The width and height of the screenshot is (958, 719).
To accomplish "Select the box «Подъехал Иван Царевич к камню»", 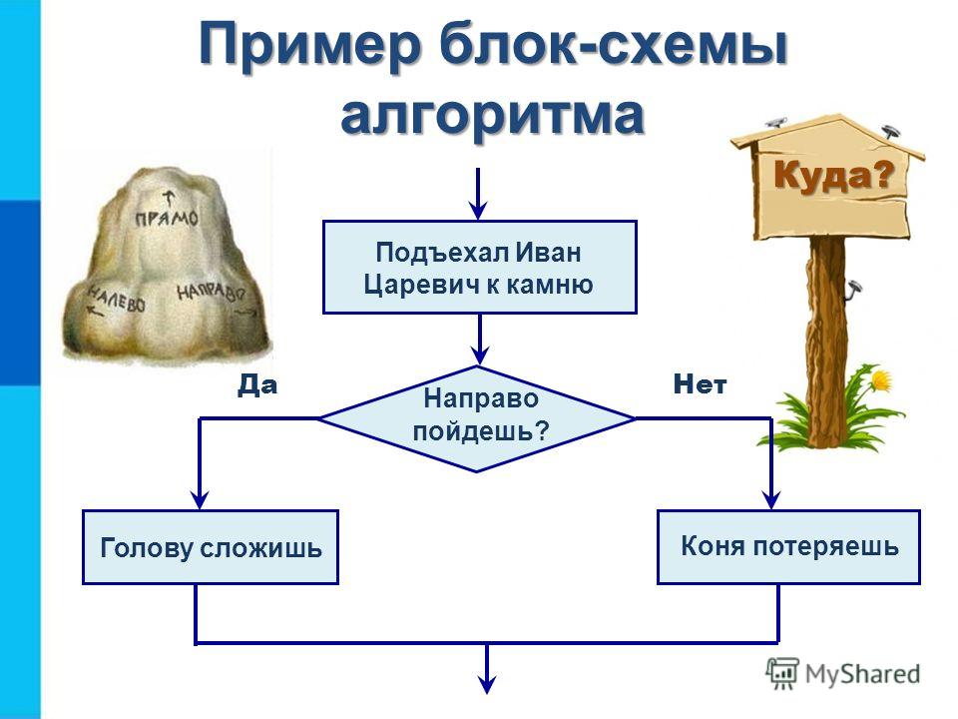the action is pos(480,268).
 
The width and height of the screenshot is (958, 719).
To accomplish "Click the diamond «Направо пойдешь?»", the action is pos(477,418).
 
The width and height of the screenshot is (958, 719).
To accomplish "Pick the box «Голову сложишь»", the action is pos(211,547).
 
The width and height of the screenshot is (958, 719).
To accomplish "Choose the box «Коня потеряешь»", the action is pos(788,546).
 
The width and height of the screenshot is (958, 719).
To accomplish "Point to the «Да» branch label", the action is pos(257,385).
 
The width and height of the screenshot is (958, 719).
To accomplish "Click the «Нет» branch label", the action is pos(700,384).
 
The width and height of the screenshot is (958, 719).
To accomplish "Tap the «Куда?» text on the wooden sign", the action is pos(834,176).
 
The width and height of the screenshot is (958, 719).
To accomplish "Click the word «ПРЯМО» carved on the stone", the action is pos(167,218).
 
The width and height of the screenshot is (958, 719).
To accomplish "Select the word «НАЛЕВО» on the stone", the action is pos(116,298).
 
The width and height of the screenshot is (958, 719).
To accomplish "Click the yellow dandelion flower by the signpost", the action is pos(881,379).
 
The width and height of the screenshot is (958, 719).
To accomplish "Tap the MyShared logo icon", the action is pos(782,673).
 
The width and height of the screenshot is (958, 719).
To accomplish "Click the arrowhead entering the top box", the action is pos(478,212).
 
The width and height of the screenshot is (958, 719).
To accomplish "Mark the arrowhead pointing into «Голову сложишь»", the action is pos(200,500).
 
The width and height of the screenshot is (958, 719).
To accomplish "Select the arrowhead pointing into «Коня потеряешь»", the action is pos(771,500).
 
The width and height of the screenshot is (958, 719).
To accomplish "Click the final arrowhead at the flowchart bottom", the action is pos(487,684).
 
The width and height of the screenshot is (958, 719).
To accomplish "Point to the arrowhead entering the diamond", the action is pos(480,356).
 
